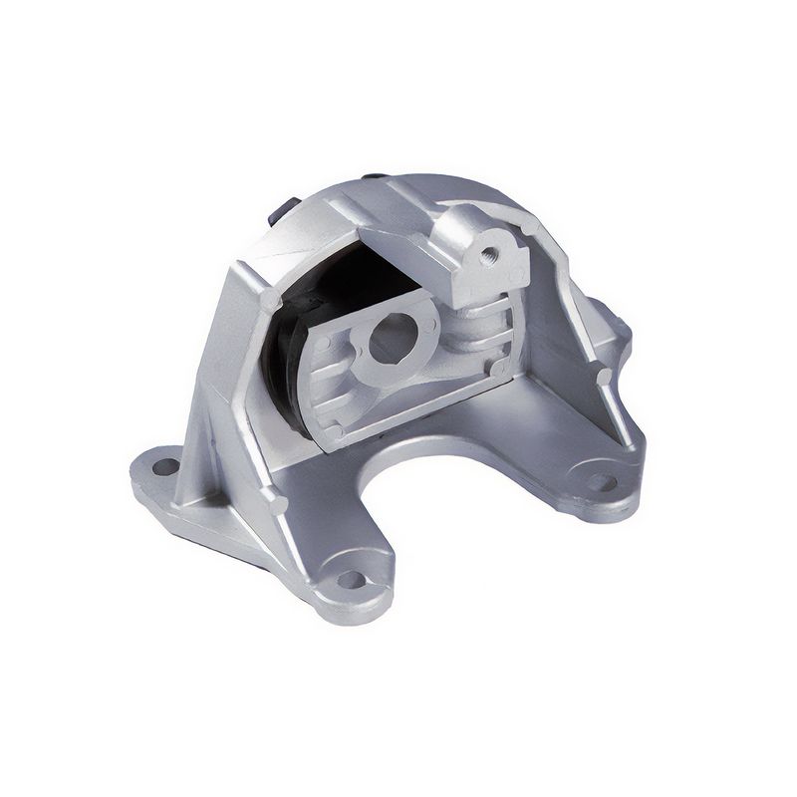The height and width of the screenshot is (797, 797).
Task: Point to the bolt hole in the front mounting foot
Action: click(351, 579)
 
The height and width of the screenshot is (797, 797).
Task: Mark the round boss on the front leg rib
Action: click(278, 504)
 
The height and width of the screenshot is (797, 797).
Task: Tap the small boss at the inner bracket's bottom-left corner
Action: click(337, 431)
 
